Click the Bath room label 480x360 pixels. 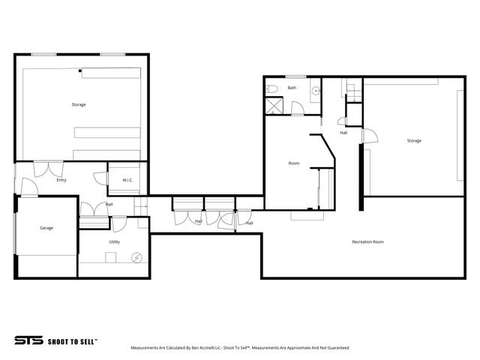pos(292,88)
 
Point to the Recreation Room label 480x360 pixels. pos(367,241)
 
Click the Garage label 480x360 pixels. pos(46,227)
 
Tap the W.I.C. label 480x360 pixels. pos(127,180)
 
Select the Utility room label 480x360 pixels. pos(114,241)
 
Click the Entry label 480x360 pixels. pos(61,180)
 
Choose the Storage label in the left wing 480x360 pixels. pos(79,104)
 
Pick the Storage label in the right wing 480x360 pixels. pos(414,140)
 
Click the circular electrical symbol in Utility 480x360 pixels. pos(136,257)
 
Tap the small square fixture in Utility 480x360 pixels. pos(111,257)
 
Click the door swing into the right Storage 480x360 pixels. pos(368,136)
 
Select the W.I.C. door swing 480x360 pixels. pos(100,178)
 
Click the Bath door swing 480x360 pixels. pos(298,109)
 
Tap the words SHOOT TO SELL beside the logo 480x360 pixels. pos(73,340)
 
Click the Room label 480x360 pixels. pos(294,163)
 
